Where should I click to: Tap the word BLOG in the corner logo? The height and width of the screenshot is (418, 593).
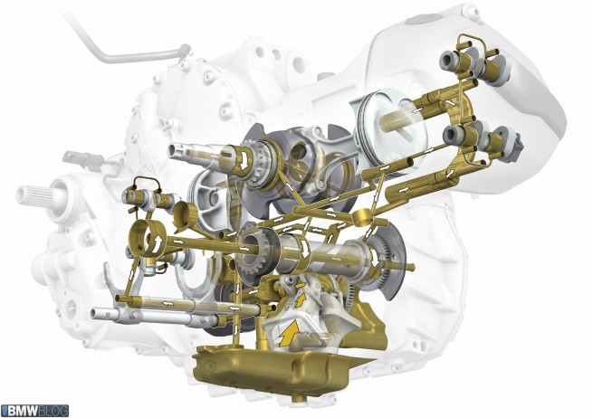point(53,411)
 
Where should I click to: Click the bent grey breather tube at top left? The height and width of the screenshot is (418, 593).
point(125,45)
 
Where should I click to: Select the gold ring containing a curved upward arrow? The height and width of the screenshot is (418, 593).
point(147,237)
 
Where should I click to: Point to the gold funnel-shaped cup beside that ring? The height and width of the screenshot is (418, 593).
point(187,216)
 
